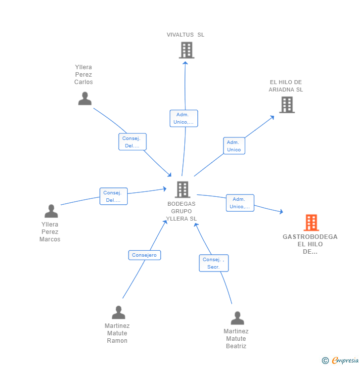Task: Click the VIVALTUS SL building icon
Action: (186, 50)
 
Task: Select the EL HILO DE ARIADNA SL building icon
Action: (287, 105)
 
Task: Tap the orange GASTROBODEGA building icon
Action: (311, 223)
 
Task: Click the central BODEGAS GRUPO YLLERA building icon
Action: (182, 189)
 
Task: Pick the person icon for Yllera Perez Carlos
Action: (85, 98)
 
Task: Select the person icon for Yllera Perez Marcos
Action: (51, 211)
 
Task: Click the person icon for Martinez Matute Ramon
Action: (118, 313)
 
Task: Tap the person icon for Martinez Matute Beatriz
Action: (237, 318)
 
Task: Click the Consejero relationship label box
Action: (144, 255)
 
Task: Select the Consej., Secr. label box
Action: (214, 263)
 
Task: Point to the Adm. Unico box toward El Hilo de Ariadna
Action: (234, 146)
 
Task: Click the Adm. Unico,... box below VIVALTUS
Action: (183, 118)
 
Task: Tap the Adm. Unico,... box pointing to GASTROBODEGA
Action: (240, 203)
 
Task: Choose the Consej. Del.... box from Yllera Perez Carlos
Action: (132, 142)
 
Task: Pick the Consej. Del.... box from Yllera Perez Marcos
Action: (114, 196)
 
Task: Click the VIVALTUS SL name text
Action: (185, 35)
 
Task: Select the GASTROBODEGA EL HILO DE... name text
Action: (310, 244)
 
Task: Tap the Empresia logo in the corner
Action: (345, 361)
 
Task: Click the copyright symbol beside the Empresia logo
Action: (325, 361)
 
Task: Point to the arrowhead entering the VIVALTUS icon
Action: (185, 61)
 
